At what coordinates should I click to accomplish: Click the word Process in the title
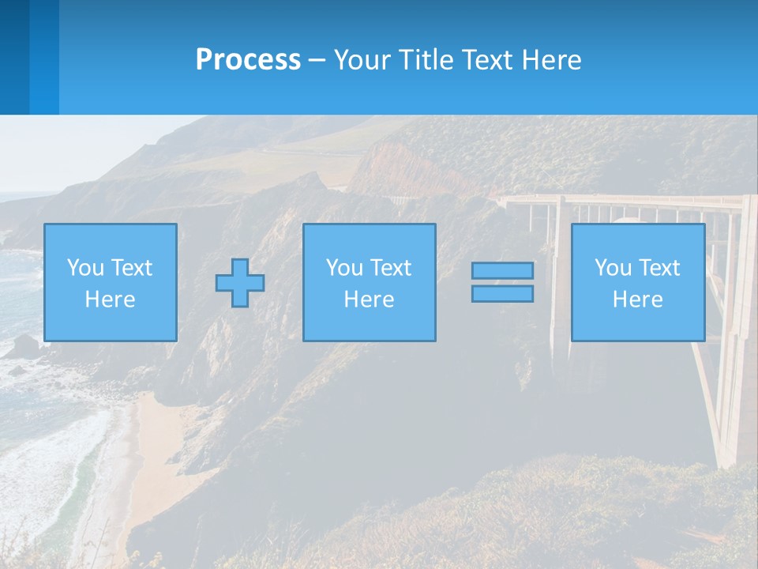(x=248, y=60)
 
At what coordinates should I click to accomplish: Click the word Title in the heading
(x=426, y=60)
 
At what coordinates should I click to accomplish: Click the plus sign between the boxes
(x=240, y=283)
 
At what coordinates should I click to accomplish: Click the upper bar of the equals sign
(x=502, y=270)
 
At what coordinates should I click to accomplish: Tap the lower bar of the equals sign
(x=502, y=294)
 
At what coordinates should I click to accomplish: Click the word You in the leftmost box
(x=85, y=268)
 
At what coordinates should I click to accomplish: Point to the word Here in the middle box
(x=370, y=300)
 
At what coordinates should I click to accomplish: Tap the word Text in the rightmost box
(x=658, y=268)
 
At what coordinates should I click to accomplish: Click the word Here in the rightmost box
(x=638, y=300)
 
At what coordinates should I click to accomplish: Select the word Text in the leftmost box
(x=131, y=268)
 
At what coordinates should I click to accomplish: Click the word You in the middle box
(x=344, y=268)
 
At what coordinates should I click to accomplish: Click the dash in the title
(x=317, y=61)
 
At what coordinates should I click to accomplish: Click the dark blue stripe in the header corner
(x=14, y=57)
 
